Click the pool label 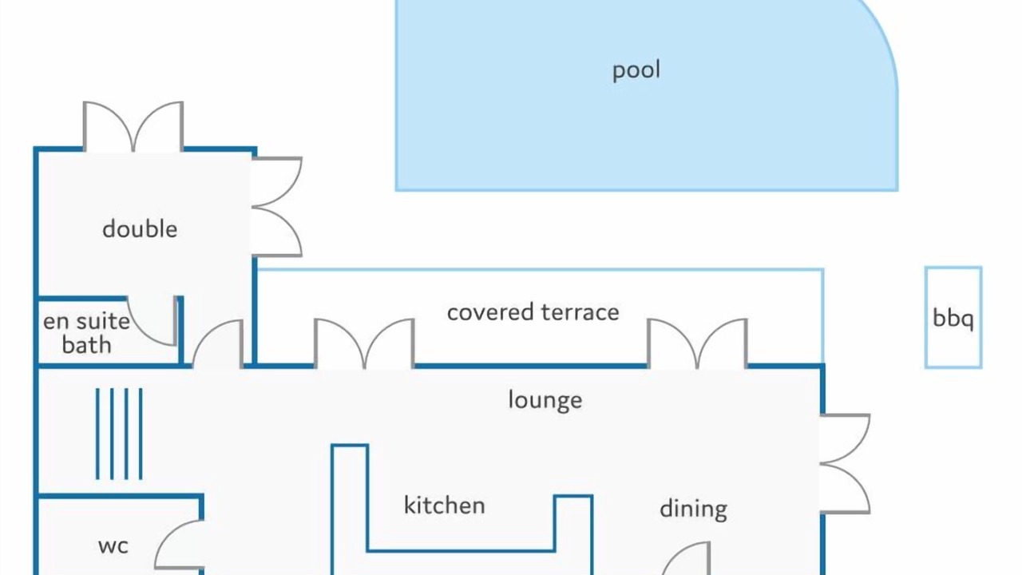pyautogui.click(x=636, y=70)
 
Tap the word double pyautogui.click(x=140, y=229)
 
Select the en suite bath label pyautogui.click(x=86, y=333)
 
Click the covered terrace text pyautogui.click(x=533, y=312)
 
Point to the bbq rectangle pyautogui.click(x=953, y=318)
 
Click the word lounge pyautogui.click(x=545, y=400)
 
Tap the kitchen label pyautogui.click(x=444, y=506)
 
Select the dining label pyautogui.click(x=693, y=509)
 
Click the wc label pyautogui.click(x=113, y=546)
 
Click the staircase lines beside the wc pyautogui.click(x=119, y=434)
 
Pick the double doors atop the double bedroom pyautogui.click(x=133, y=125)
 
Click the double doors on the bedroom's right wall pyautogui.click(x=277, y=207)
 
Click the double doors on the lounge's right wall pyautogui.click(x=845, y=464)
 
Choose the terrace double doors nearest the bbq pyautogui.click(x=698, y=343)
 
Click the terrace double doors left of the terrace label pyautogui.click(x=364, y=343)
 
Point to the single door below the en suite pyautogui.click(x=218, y=344)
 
